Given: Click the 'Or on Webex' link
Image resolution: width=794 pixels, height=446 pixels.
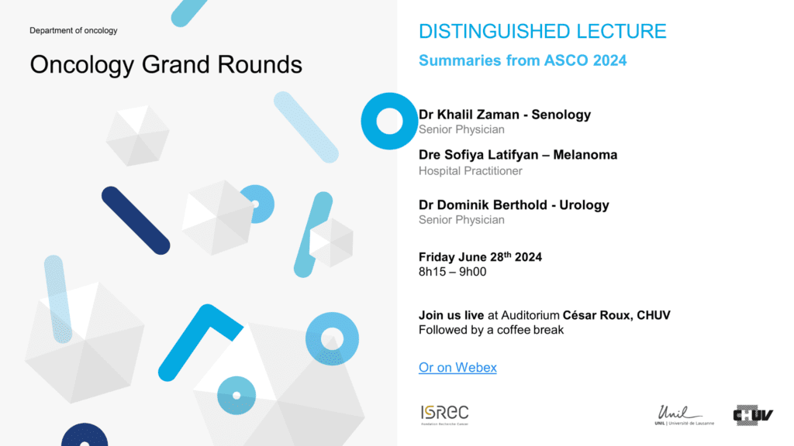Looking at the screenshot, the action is click(x=457, y=368).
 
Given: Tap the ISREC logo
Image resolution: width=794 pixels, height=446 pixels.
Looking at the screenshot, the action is click(x=444, y=415).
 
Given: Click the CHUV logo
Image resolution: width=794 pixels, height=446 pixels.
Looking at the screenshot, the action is click(x=753, y=415).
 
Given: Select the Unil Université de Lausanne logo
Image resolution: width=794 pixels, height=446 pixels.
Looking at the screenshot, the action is click(x=684, y=415).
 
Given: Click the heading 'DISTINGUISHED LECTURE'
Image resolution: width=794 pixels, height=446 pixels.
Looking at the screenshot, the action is click(x=542, y=31).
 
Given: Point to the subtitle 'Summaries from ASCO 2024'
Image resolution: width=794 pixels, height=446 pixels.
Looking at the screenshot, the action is click(x=523, y=60).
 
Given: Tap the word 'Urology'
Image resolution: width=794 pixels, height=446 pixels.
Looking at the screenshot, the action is click(x=584, y=205).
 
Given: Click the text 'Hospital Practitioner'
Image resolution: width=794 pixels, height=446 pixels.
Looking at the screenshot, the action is click(x=471, y=171).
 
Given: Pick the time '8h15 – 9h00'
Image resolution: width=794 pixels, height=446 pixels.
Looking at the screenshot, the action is click(x=452, y=272).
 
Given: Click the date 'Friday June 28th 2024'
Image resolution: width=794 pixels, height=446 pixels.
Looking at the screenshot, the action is click(x=480, y=257).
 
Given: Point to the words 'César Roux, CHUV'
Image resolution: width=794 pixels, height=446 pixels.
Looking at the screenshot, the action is click(x=616, y=315).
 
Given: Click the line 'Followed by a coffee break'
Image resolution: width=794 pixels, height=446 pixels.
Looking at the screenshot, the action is click(x=491, y=330).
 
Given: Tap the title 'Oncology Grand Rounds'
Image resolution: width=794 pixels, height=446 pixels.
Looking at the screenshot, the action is click(x=166, y=65).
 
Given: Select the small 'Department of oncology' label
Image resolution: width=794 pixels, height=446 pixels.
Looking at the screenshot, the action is click(x=74, y=30).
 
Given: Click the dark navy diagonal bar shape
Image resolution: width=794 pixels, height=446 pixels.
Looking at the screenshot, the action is click(x=136, y=221).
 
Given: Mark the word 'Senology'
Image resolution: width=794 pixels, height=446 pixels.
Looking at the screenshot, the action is click(x=561, y=115).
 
